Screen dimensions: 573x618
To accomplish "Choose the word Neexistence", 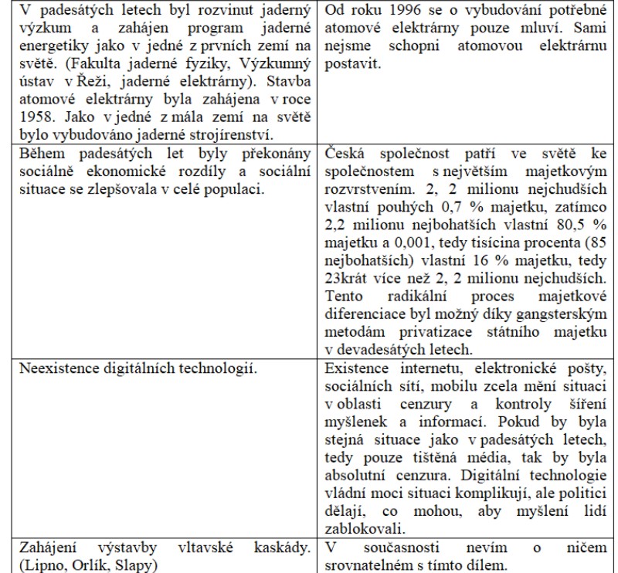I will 51,368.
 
